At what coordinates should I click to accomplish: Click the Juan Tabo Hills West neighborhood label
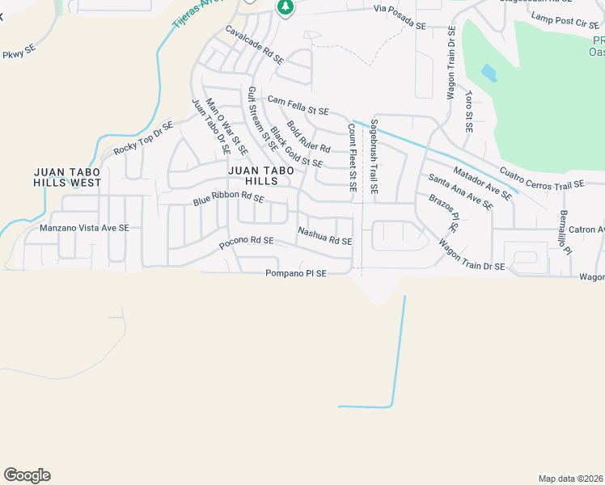[67, 177]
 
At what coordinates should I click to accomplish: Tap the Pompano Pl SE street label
[296, 274]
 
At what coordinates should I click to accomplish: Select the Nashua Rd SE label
[324, 236]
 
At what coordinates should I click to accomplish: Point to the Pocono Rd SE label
[247, 242]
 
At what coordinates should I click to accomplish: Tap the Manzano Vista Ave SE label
[84, 229]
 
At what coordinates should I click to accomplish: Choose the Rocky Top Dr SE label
[143, 138]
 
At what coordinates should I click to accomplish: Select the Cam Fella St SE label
[298, 105]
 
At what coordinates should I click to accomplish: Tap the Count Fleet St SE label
[352, 157]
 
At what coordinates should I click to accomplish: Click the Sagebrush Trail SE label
[374, 157]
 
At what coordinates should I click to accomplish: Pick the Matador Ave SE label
[483, 183]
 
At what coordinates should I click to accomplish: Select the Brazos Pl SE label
[444, 213]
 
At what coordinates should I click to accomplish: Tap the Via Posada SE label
[400, 17]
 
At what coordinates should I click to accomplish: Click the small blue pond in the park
[489, 74]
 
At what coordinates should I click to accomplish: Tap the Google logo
[27, 475]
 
